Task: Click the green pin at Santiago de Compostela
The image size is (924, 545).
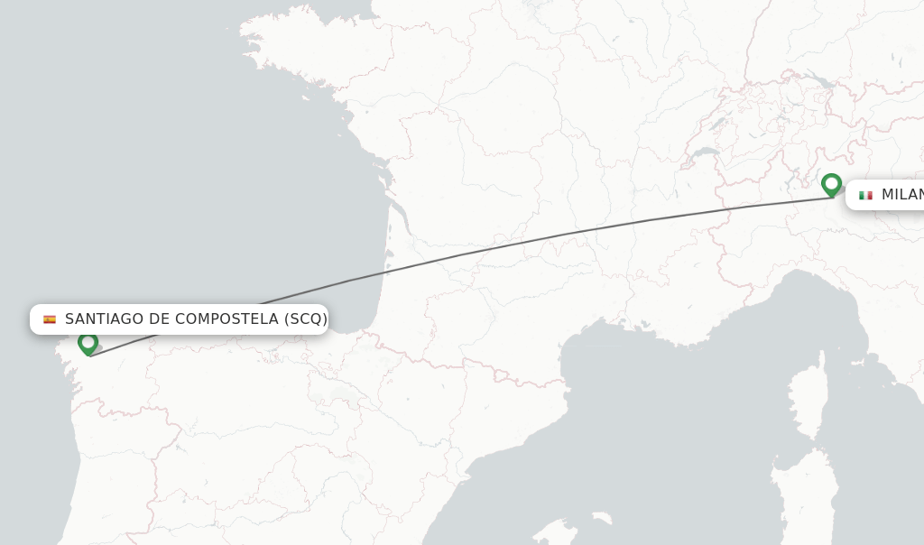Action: click(x=88, y=343)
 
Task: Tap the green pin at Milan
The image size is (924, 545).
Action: click(x=831, y=184)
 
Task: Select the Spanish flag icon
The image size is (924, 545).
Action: click(x=50, y=319)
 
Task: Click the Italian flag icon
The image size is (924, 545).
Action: click(x=865, y=195)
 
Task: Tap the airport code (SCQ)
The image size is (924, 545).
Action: click(x=305, y=319)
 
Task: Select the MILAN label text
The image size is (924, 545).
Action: click(x=902, y=195)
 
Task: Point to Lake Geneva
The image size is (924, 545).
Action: click(x=705, y=152)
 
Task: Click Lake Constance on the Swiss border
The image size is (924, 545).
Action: click(x=818, y=80)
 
